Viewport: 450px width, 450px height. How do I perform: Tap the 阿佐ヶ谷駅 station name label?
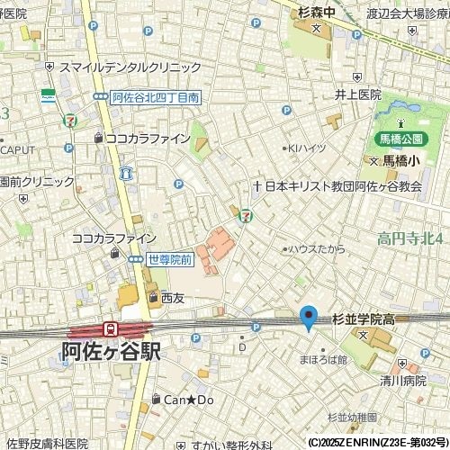[x=112, y=351]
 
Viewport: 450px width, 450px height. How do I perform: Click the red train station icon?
[x=110, y=329]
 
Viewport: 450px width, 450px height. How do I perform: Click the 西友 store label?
[x=172, y=298]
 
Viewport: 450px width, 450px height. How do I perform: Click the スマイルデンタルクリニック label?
[x=130, y=67]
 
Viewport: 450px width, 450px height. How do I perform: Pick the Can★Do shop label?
[x=187, y=399]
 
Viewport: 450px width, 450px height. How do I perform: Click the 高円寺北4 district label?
[x=410, y=238]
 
